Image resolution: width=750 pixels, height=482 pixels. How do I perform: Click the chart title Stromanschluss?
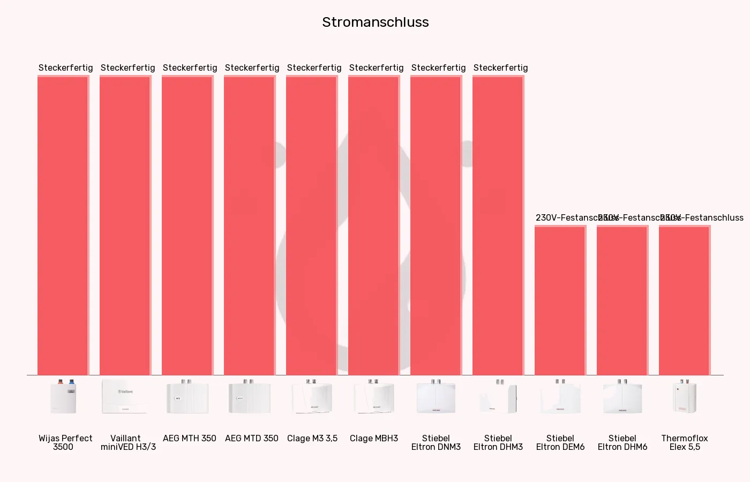[x=375, y=22]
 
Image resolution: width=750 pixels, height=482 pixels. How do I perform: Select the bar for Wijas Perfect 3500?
[x=63, y=225]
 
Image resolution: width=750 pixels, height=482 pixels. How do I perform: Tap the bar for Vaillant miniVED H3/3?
[x=125, y=225]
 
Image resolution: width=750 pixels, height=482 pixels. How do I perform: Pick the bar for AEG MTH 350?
[x=187, y=225]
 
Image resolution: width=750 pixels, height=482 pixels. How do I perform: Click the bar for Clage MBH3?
[x=373, y=225]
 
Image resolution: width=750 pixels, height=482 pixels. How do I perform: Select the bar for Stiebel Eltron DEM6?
[x=560, y=300]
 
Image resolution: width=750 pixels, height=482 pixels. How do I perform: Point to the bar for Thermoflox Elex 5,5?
[x=684, y=300]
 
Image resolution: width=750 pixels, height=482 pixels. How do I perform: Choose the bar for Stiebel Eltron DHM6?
[x=622, y=300]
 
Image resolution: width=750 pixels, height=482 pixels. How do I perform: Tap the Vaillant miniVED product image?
[x=125, y=397]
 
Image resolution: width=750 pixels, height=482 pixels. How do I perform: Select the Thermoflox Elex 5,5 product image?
[x=684, y=397]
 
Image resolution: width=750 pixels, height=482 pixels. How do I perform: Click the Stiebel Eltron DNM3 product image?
[x=436, y=397]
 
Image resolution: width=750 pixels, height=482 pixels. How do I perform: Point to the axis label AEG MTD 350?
[x=252, y=438]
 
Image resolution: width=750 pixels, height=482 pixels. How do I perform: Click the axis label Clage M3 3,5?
[x=312, y=438]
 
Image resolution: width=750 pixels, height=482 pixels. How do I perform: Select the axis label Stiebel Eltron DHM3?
[x=498, y=442]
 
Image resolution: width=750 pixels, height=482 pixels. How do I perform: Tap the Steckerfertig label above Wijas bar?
[x=65, y=68]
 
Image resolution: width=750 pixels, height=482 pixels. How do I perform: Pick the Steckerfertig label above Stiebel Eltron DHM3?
[x=500, y=68]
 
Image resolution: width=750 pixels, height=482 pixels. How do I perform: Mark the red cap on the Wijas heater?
[x=61, y=382]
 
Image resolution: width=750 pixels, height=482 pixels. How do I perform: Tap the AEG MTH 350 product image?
[x=187, y=397]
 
